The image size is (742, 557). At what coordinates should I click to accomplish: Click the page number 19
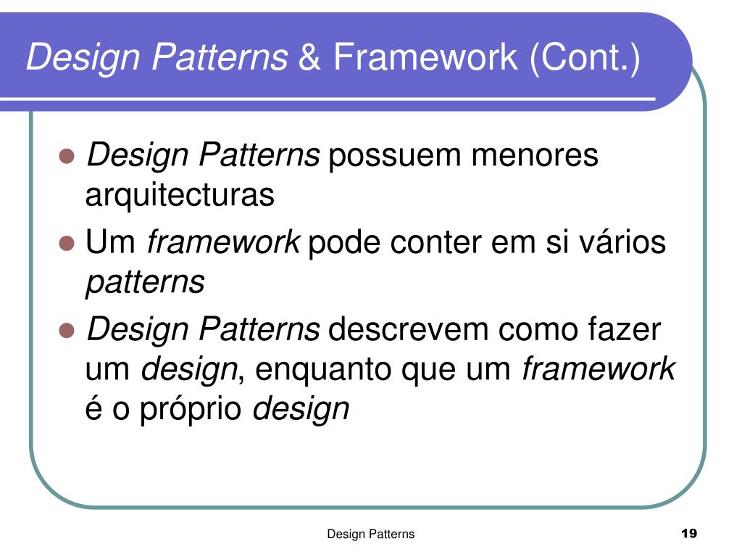[689, 535]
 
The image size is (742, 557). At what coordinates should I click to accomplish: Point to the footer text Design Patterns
[371, 535]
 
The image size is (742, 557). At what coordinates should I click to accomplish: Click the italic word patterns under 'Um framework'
[145, 283]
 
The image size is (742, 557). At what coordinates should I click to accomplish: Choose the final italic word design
[301, 410]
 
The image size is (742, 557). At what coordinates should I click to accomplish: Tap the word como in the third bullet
[535, 330]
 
